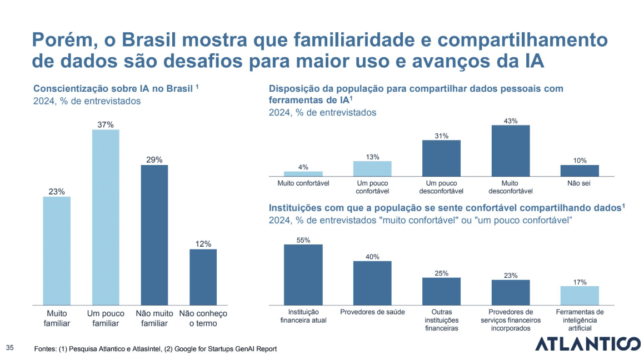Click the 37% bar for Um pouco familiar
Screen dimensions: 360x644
(x=106, y=217)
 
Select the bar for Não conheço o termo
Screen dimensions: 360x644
(x=203, y=277)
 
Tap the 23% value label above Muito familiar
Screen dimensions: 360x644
(x=57, y=192)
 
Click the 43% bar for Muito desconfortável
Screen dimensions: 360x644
(x=511, y=151)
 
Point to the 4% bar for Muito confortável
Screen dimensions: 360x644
(x=303, y=173)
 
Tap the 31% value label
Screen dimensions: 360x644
(x=442, y=136)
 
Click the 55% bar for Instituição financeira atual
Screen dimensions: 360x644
(x=303, y=274)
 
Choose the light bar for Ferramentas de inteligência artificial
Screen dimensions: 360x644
(x=580, y=295)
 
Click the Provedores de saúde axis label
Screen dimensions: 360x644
(x=372, y=312)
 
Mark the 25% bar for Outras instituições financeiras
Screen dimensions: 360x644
(x=442, y=291)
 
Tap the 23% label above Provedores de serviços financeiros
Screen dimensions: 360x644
(x=511, y=275)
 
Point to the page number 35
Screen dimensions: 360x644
(x=10, y=348)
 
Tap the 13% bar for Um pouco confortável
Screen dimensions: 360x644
(x=372, y=168)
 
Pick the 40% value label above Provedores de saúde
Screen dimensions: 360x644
(x=372, y=257)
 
